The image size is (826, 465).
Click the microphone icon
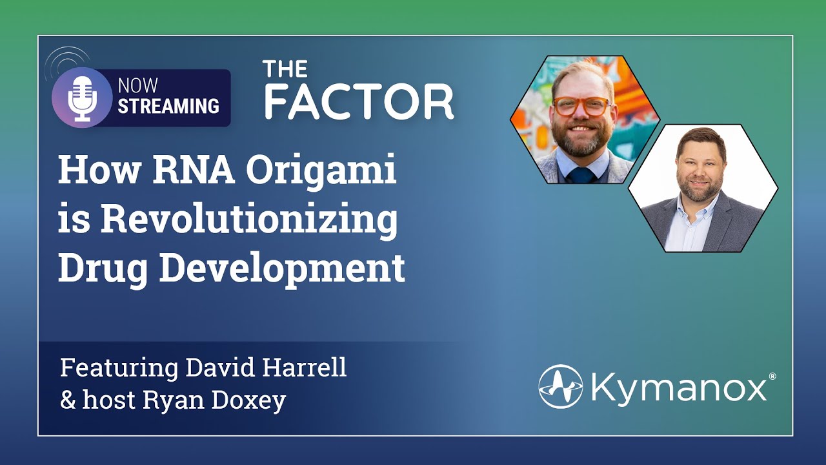point(82,97)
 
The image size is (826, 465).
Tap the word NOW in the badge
point(137,87)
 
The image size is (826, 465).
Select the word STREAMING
point(168,107)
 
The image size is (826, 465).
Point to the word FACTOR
point(359,101)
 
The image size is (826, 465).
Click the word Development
point(282,268)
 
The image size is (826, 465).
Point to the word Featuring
point(119,368)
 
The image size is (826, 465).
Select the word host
point(108,401)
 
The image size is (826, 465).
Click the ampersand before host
point(68,401)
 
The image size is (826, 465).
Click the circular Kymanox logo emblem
point(561,387)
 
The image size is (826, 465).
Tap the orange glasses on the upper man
point(582,105)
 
